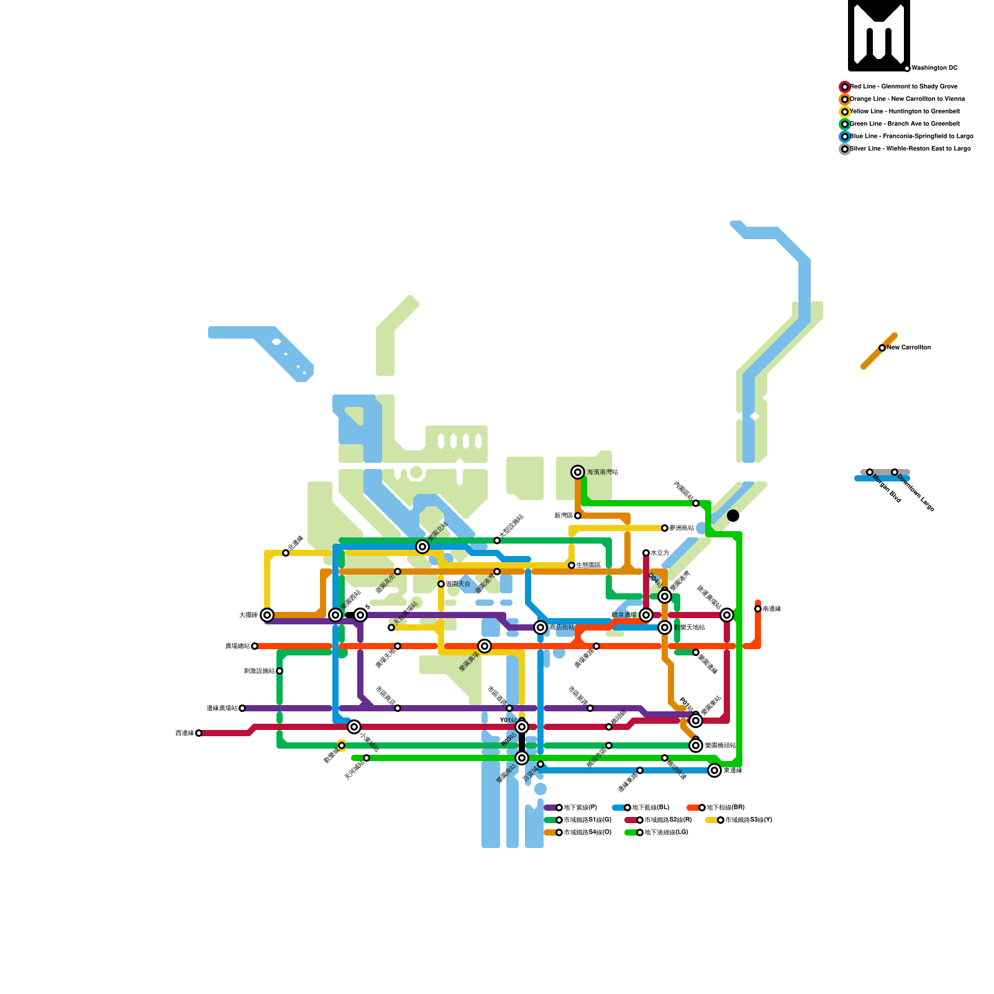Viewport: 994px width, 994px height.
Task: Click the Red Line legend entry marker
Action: click(x=845, y=87)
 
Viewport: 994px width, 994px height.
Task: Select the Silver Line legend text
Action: click(x=910, y=149)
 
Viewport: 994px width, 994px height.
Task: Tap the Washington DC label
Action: click(x=934, y=68)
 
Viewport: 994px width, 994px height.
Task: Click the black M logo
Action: click(x=879, y=35)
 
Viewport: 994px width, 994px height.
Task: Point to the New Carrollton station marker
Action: click(x=882, y=348)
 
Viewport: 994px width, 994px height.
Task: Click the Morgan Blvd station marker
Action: click(x=870, y=472)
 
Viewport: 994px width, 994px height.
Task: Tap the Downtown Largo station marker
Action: click(x=895, y=472)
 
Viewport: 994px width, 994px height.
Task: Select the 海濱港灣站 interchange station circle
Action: click(x=578, y=472)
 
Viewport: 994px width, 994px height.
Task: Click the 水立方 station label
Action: click(x=660, y=553)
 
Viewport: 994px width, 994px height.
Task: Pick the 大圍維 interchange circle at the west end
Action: click(x=267, y=615)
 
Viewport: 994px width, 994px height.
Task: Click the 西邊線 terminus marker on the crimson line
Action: click(x=199, y=733)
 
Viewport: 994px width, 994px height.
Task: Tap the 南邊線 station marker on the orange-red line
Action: click(x=758, y=609)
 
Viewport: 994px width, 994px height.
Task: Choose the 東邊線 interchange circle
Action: click(x=714, y=770)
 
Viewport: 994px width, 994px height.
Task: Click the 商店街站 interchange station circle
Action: click(x=540, y=627)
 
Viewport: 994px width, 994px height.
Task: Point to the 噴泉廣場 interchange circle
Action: click(x=646, y=615)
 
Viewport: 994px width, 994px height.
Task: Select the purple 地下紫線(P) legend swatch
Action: click(x=550, y=808)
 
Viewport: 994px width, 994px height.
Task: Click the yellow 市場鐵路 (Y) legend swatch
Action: click(x=712, y=820)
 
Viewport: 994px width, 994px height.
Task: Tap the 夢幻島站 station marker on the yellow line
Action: click(x=665, y=528)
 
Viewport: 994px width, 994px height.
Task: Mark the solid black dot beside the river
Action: click(x=733, y=516)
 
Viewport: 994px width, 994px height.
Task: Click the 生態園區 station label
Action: click(x=588, y=565)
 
